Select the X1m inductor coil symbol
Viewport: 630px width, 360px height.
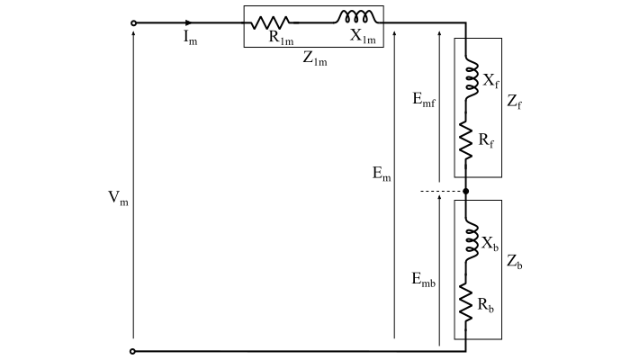coord(355,17)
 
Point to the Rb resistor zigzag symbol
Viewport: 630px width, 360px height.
coord(466,301)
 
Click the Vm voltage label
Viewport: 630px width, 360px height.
coord(118,199)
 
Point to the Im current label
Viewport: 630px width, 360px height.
coord(191,40)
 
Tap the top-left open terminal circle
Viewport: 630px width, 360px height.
coord(135,22)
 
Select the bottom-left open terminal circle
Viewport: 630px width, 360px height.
coord(135,351)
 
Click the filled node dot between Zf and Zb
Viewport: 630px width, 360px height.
coord(466,191)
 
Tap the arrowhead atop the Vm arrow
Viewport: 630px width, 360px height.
coord(135,37)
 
